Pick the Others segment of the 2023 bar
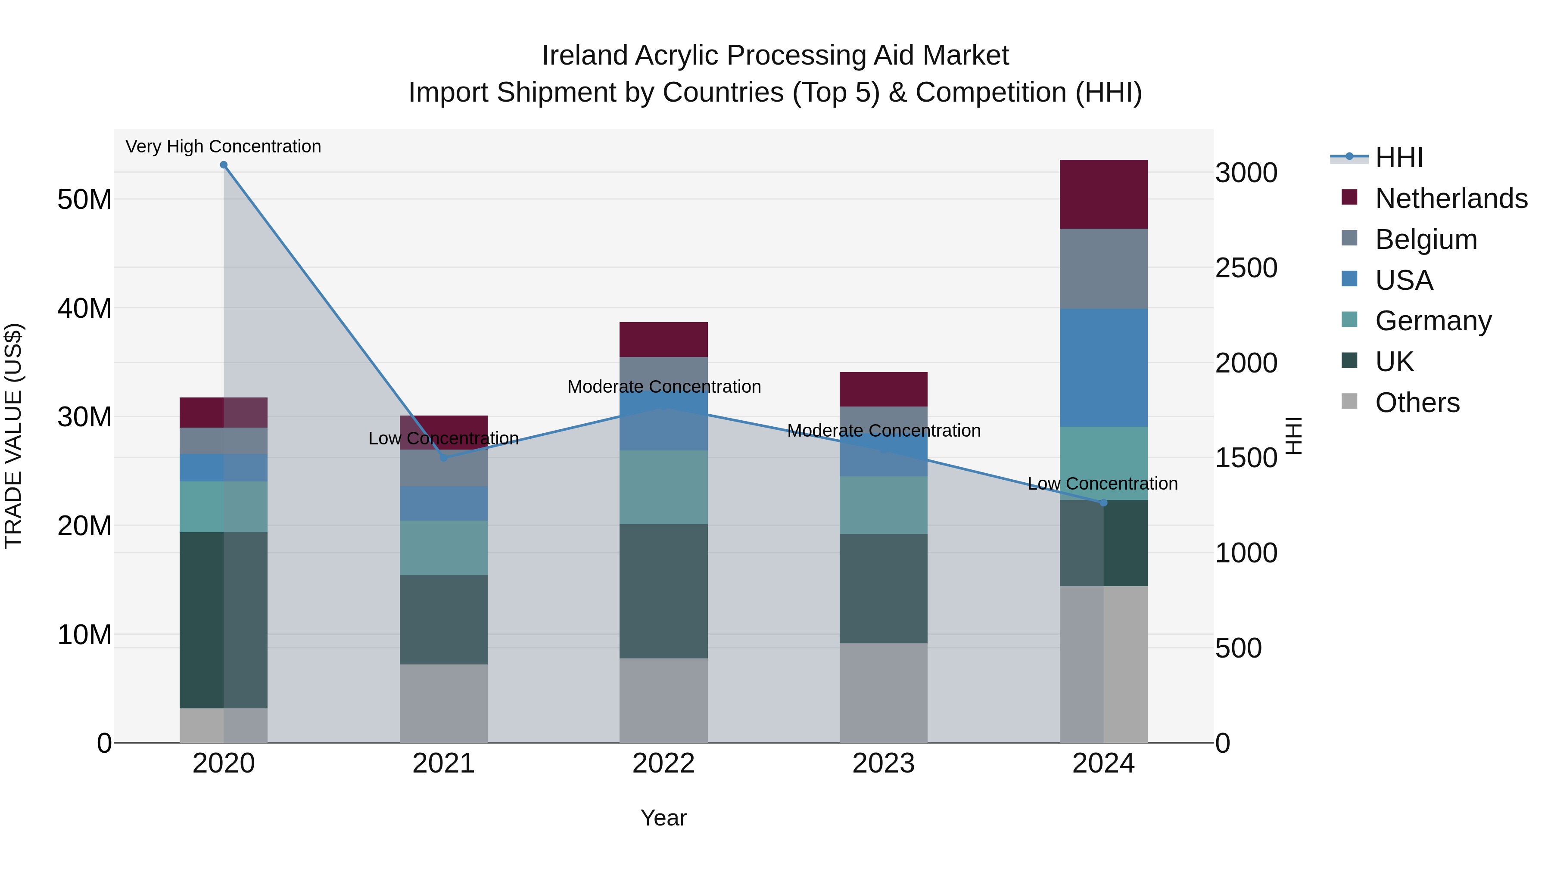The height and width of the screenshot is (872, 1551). [883, 693]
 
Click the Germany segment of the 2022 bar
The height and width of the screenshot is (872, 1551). [663, 487]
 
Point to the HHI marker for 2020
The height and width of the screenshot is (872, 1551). [223, 165]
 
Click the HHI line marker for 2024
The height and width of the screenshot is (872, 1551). [1104, 503]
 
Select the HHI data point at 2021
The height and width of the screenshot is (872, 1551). [444, 457]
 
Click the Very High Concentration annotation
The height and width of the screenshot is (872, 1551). [223, 147]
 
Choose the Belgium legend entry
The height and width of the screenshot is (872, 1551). [1426, 239]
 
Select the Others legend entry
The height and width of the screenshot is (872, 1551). [1417, 403]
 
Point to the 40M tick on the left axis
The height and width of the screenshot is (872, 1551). [84, 308]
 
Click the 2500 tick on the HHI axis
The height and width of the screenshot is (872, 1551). [1246, 268]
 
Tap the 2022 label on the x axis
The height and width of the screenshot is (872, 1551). [663, 763]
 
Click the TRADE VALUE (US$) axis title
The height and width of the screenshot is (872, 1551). [14, 436]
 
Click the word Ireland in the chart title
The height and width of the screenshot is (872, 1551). [585, 56]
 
